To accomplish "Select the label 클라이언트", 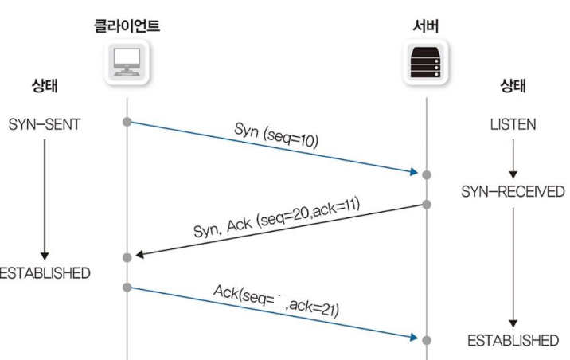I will [x=126, y=25].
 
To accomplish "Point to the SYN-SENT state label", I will [x=45, y=125].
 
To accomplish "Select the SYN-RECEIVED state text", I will [x=513, y=192].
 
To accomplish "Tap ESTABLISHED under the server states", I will [x=513, y=341].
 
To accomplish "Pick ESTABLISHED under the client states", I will [x=45, y=272].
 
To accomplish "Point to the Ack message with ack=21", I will [x=276, y=299].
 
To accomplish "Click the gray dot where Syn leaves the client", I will [x=127, y=121].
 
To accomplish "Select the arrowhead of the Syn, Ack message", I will [x=139, y=255].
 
